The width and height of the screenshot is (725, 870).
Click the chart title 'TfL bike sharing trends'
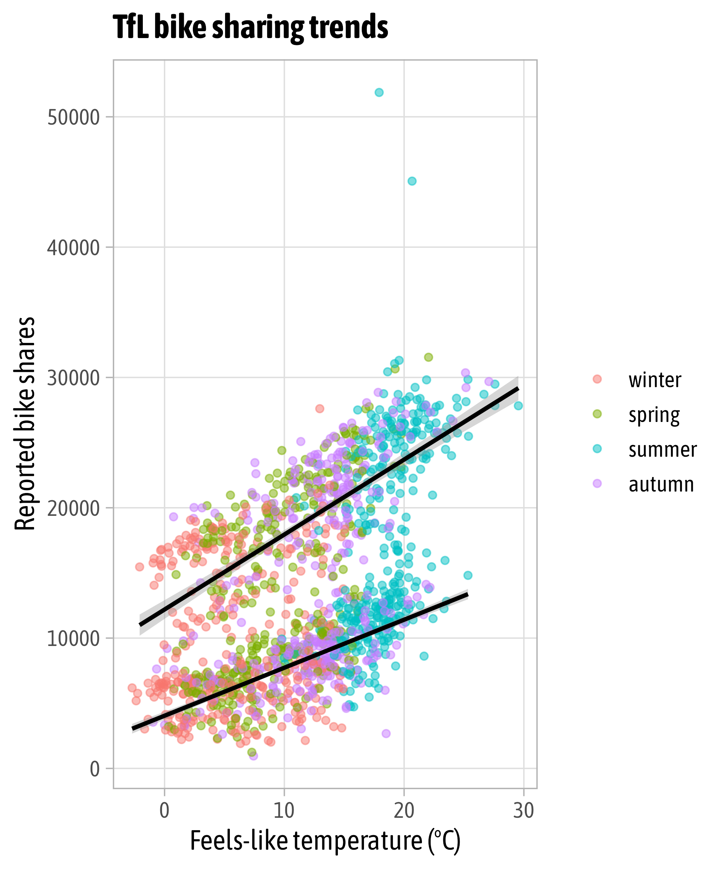coord(250,27)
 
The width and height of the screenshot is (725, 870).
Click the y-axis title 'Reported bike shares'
coord(25,423)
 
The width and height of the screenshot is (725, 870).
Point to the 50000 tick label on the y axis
coord(73,118)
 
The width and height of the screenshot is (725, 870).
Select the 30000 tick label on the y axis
coord(73,378)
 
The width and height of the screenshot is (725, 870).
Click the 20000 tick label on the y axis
coord(73,508)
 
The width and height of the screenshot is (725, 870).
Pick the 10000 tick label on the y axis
coord(73,638)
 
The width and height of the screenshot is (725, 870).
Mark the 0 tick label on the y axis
coord(95,769)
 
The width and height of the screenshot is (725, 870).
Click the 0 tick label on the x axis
coord(165,810)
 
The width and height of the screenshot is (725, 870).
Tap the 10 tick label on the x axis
coord(284,810)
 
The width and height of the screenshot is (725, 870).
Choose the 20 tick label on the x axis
coord(404,810)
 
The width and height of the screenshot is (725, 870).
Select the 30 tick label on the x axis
coord(524,810)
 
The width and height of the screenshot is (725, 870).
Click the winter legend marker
coord(597,379)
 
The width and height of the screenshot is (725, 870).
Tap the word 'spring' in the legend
coord(654,415)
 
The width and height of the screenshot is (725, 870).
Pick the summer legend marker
coord(597,449)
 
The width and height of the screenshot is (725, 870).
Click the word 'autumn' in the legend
coord(661,484)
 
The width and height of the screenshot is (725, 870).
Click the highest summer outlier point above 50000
coord(379,92)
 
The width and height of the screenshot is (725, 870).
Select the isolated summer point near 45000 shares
coord(412,181)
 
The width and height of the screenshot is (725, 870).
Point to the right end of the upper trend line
coord(517,389)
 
